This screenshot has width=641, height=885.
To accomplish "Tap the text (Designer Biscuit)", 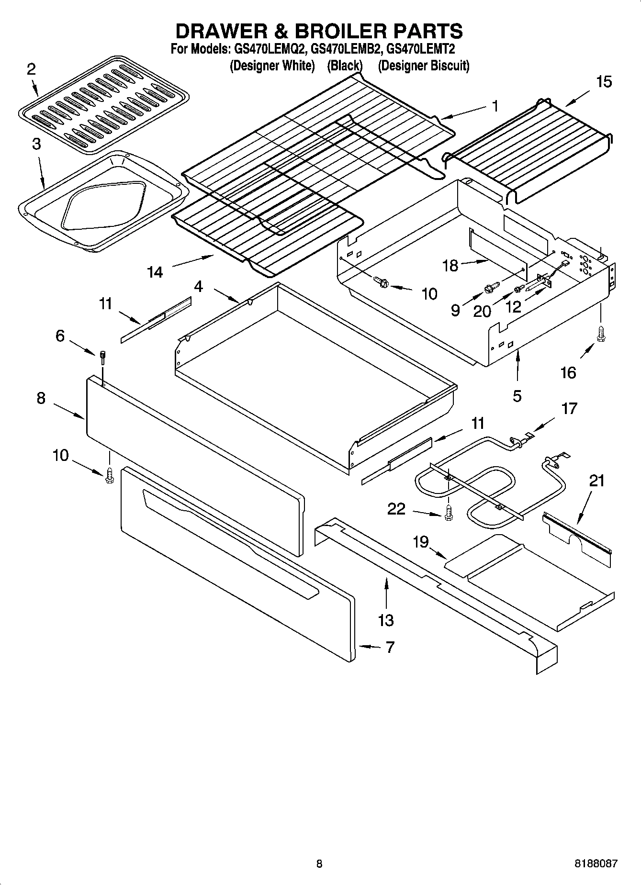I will (423, 66).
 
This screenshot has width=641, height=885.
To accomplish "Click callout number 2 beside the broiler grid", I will (31, 70).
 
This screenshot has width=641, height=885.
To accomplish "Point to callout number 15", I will (604, 82).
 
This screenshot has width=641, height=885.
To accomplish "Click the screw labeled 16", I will (601, 334).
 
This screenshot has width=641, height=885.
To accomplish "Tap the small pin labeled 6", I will (102, 357).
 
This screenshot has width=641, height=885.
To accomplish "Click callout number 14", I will (155, 272).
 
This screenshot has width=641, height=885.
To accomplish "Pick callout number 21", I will (597, 480).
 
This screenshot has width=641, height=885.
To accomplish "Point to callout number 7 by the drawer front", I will (390, 647).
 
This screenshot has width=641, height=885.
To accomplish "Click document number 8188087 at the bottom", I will (596, 864).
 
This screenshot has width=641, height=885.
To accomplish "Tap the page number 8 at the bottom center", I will (319, 864).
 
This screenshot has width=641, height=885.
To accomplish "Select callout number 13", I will (385, 620).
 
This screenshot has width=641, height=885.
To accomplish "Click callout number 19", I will (421, 542).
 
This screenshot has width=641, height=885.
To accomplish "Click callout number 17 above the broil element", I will (569, 408).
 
